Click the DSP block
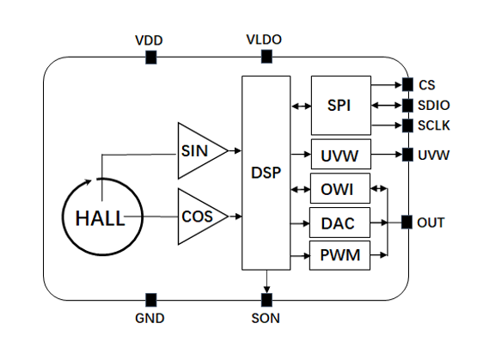(x=266, y=172)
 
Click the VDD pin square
(x=150, y=57)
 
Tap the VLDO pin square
(x=266, y=57)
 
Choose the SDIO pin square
(x=407, y=105)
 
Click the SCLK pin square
(x=407, y=125)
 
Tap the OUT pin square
(x=407, y=223)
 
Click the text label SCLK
(x=435, y=125)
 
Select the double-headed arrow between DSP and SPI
(x=301, y=107)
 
